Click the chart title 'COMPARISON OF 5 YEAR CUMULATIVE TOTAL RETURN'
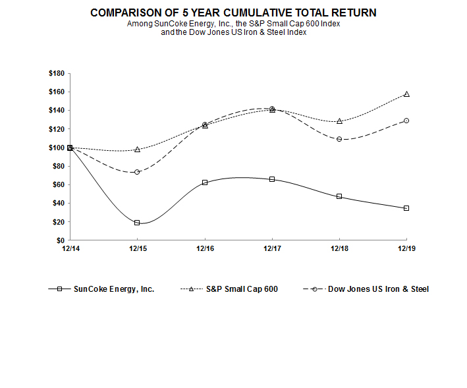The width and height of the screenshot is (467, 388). pos(234,13)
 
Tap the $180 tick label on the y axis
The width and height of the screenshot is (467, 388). pos(57,73)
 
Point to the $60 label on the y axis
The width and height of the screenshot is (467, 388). pos(59,184)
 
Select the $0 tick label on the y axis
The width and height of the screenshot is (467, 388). pos(61,240)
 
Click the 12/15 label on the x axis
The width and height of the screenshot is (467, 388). pos(137,248)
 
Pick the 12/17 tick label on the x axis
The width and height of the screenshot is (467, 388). pos(272,248)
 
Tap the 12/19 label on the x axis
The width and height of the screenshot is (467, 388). pos(406,248)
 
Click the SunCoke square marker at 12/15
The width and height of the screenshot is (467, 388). pos(137,223)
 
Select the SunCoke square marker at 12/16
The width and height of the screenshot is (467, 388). pos(205,182)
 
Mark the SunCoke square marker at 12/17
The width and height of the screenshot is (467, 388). pos(272,179)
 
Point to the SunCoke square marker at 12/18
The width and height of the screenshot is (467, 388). pos(339,196)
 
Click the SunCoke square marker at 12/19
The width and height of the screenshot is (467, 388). pos(406,208)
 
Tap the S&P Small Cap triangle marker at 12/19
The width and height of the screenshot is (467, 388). pos(406,94)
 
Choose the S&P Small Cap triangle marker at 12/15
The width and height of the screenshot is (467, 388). pos(137,150)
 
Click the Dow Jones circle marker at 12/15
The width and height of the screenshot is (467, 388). pos(137,172)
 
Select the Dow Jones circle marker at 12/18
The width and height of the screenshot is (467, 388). pos(339,139)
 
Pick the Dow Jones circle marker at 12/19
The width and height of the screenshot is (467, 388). pos(406,121)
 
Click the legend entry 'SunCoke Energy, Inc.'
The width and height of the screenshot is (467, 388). pos(114,289)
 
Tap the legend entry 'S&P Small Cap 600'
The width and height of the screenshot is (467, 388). pos(241,289)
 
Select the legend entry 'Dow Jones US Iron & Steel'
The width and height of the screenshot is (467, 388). pos(377,289)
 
